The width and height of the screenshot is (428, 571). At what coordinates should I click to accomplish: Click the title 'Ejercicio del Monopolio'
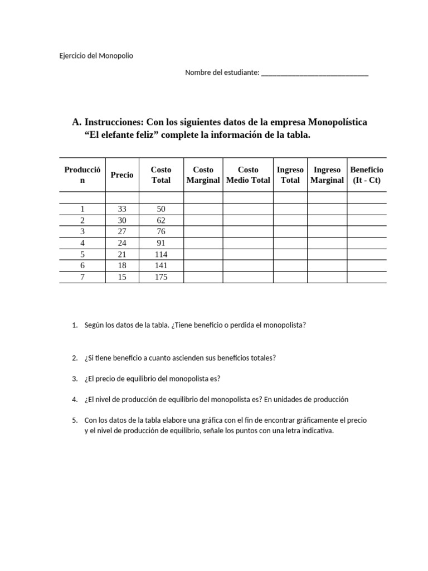[96, 56]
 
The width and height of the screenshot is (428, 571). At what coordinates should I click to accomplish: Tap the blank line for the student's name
[314, 72]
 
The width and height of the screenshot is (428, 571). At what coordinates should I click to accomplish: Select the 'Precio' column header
[122, 175]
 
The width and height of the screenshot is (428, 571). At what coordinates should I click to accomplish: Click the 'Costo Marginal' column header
[203, 175]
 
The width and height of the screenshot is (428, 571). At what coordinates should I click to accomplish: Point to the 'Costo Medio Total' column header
[248, 175]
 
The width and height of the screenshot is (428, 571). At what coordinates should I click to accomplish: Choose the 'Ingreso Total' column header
[290, 175]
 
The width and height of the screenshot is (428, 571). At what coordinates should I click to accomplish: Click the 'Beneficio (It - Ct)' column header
[366, 175]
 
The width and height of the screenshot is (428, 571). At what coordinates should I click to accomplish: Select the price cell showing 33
[122, 209]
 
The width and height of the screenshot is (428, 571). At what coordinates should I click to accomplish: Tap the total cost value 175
[160, 277]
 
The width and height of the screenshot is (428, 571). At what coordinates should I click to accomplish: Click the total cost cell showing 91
[160, 243]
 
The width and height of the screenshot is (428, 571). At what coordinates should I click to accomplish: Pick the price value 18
[122, 266]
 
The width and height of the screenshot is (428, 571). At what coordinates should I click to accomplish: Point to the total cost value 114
[160, 255]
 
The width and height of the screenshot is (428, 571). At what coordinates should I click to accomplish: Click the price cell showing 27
[122, 232]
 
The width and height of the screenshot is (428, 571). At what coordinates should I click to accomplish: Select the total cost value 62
[160, 220]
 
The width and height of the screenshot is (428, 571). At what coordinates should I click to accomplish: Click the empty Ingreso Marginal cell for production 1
[327, 209]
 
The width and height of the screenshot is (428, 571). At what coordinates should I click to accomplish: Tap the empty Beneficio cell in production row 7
[366, 277]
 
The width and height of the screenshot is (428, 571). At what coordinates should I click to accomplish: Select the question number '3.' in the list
[75, 379]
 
